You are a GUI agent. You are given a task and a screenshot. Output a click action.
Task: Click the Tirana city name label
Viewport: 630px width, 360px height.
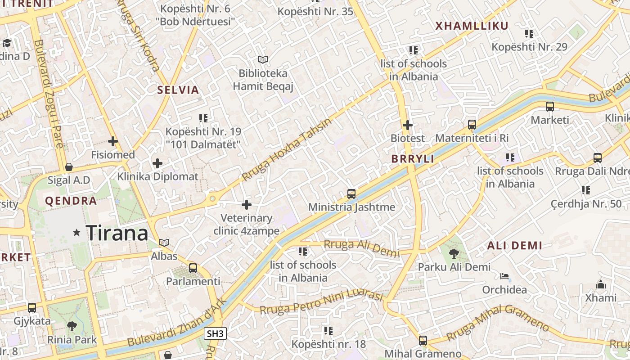coord(117,233)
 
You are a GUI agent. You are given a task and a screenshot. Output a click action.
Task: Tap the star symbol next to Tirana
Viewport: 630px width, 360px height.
coord(77,233)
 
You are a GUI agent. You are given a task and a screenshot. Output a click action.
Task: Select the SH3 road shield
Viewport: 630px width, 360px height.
coord(215,333)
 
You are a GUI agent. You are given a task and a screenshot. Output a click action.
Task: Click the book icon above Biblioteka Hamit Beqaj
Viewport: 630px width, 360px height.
coord(263,59)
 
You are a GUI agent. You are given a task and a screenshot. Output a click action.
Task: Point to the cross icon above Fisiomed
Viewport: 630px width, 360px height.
coord(113,141)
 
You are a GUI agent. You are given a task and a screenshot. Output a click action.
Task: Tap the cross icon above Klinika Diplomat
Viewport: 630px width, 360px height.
coord(157,163)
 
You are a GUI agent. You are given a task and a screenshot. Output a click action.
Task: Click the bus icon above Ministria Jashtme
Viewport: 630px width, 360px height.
coord(351,194)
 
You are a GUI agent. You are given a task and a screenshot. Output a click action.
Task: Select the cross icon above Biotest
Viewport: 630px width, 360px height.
coord(408,125)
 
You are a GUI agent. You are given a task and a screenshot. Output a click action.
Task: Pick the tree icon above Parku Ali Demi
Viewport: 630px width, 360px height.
coord(454,254)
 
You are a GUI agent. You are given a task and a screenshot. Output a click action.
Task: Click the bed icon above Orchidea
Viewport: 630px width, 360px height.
coord(504,276)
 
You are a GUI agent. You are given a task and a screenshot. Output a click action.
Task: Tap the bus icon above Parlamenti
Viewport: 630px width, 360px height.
coord(193,268)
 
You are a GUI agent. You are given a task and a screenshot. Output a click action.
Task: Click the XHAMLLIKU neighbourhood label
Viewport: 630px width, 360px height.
coord(472,26)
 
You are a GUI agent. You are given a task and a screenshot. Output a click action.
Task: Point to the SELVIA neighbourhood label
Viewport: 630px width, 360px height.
coord(178,90)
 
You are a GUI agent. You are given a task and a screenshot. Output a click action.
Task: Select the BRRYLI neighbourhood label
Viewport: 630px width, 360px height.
coord(413,159)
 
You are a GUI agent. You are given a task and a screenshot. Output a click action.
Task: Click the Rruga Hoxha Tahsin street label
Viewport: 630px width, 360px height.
coord(286,149)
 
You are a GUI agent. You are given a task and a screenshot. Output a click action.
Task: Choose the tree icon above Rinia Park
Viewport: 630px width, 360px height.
coord(72,326)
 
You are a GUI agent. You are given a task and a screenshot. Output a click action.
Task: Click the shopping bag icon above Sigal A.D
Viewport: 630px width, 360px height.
coord(69,167)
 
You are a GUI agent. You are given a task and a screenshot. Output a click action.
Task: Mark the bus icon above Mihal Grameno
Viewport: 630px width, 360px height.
coord(423,341)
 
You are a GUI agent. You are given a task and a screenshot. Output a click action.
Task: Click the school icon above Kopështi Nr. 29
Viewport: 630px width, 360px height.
coord(529,33)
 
